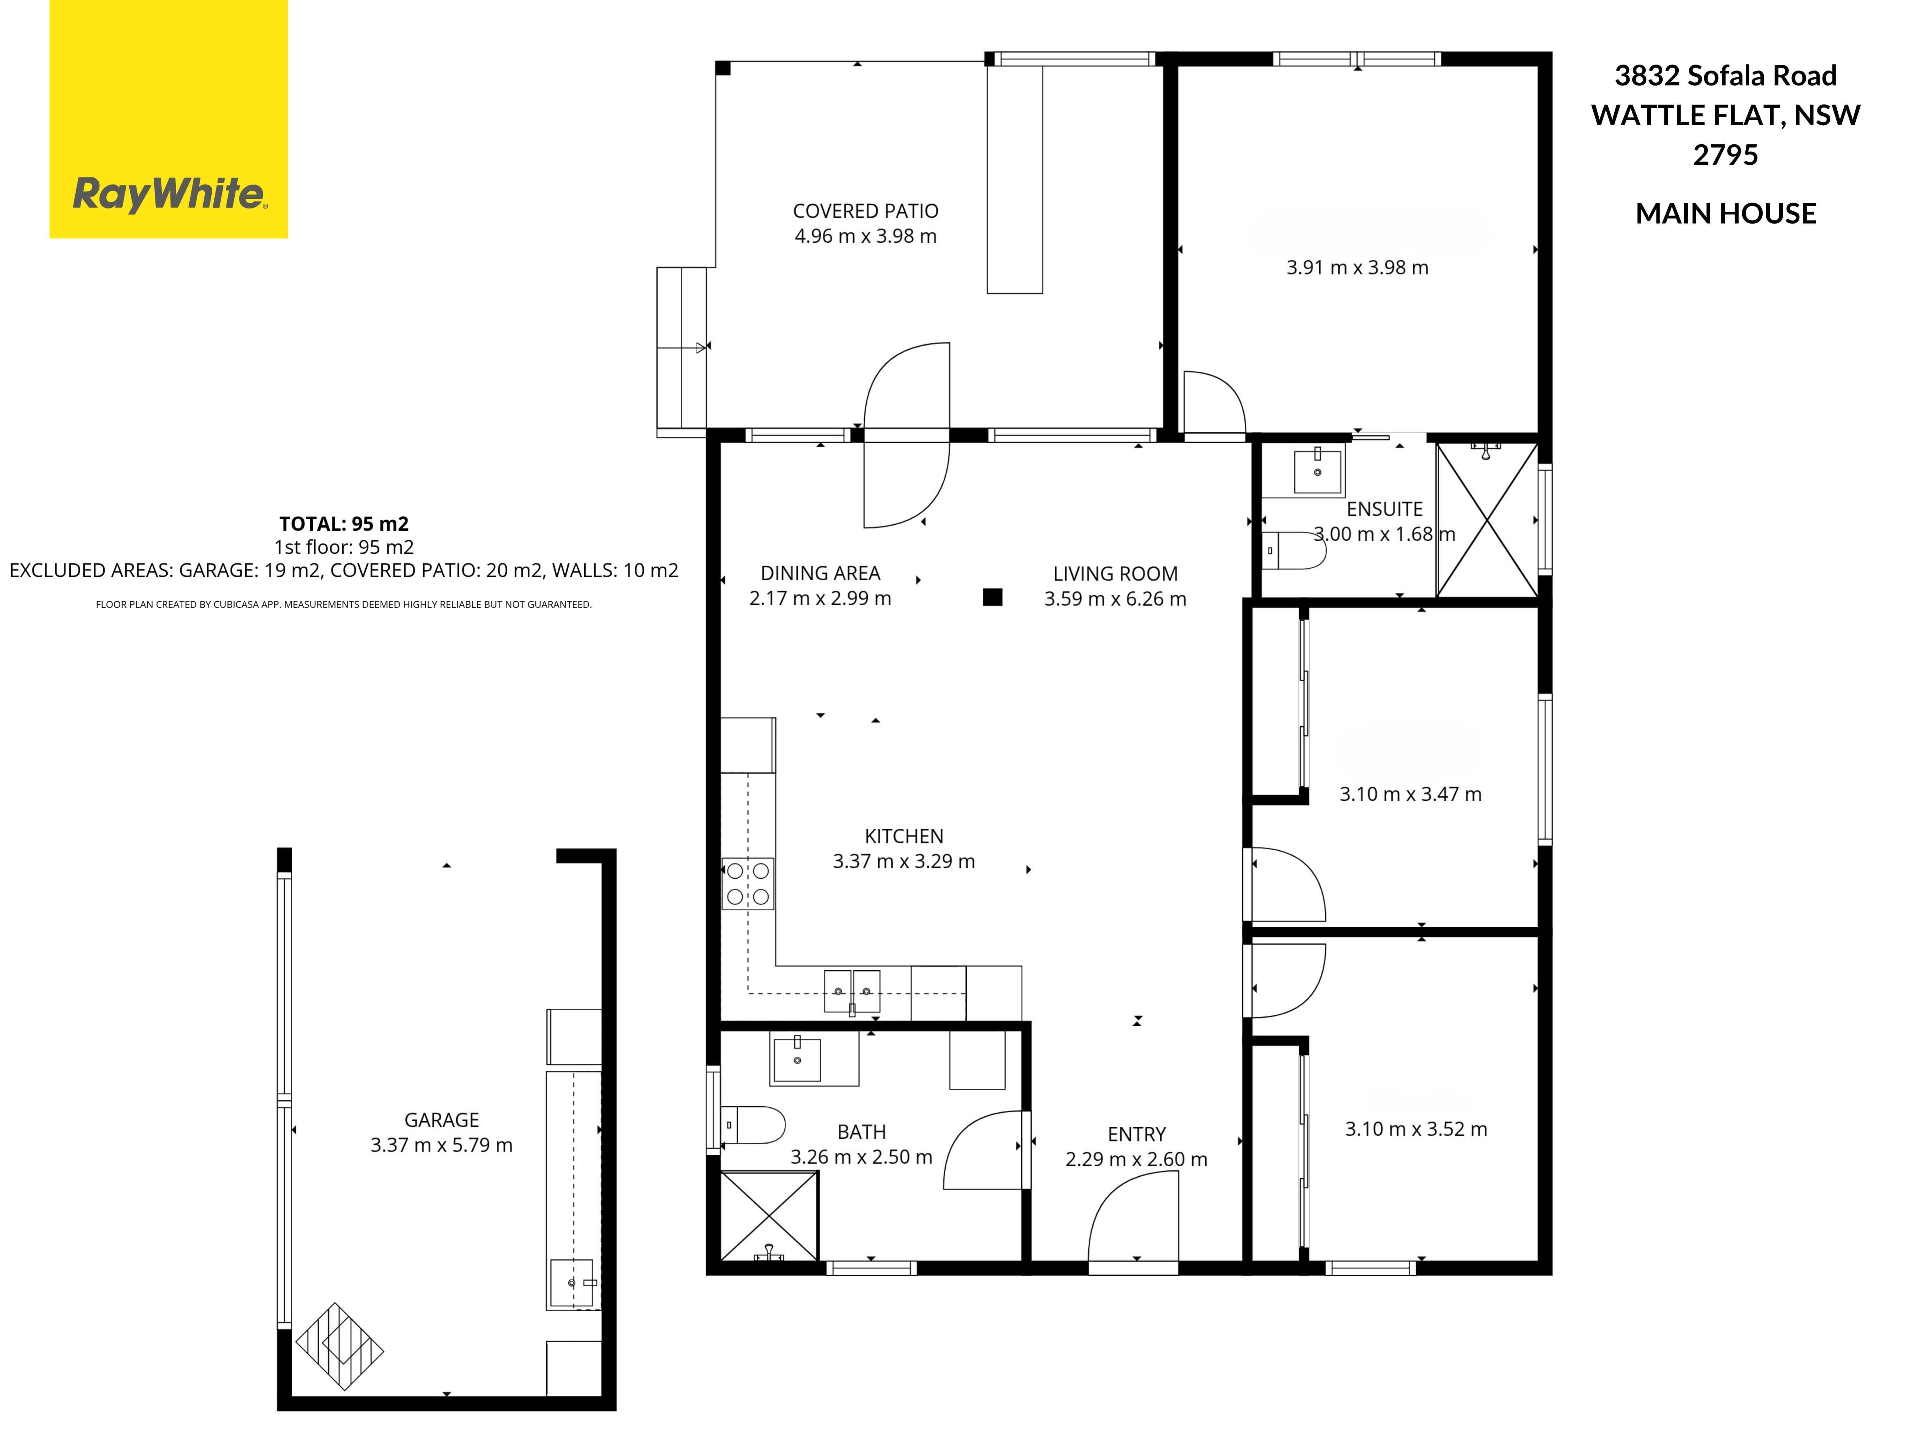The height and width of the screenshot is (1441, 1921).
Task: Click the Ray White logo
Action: (x=168, y=119)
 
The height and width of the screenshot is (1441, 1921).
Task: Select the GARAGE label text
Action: (x=441, y=1121)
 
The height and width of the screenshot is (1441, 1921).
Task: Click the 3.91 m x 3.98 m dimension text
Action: (x=1357, y=267)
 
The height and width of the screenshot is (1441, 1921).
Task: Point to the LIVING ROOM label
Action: (x=1115, y=574)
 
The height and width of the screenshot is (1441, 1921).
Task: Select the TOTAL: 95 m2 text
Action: (x=344, y=524)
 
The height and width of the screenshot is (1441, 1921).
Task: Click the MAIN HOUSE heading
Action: (x=1725, y=214)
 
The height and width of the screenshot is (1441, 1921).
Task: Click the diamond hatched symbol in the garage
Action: (x=340, y=1346)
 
